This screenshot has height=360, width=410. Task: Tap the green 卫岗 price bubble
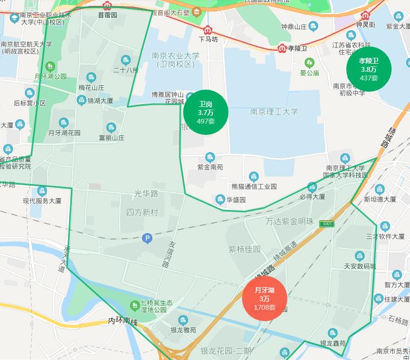click(x=206, y=112)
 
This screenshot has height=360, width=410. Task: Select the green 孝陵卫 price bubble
click(x=368, y=69)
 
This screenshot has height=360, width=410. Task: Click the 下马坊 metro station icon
click(x=208, y=30)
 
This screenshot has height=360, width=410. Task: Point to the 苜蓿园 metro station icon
click(x=107, y=6)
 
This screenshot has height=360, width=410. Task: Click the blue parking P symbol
click(x=146, y=238)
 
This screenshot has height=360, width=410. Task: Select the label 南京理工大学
click(x=274, y=112)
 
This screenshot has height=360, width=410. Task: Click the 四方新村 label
click(x=142, y=212)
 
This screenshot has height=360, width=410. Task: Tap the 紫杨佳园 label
click(x=244, y=249)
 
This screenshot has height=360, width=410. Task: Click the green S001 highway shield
click(x=326, y=223)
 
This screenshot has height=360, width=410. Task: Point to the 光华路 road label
click(x=146, y=193)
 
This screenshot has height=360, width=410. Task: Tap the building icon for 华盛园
click(x=220, y=200)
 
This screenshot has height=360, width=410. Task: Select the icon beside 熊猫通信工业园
click(x=254, y=176)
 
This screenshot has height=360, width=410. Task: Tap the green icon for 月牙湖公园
click(x=50, y=66)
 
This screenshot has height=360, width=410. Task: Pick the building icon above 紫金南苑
click(x=210, y=157)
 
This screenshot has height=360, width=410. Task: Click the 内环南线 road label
click(x=124, y=321)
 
